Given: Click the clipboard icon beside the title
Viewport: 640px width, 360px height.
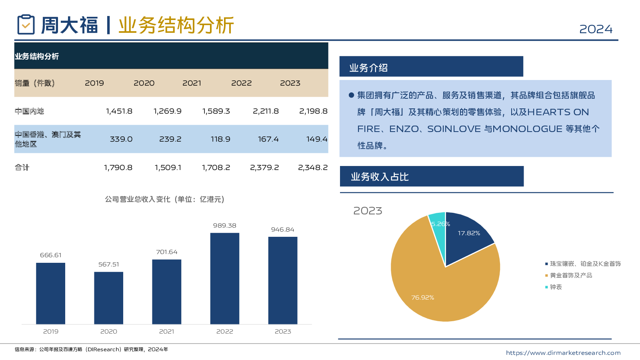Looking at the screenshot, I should [26, 24].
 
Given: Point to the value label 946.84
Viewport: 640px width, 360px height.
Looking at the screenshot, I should [282, 230].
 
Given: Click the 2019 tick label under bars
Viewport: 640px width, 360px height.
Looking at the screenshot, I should [51, 332].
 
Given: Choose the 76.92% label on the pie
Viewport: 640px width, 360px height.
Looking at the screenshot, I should [422, 298].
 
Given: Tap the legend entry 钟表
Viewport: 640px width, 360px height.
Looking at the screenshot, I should [556, 287].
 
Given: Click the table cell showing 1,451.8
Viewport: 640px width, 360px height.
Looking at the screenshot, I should [119, 111].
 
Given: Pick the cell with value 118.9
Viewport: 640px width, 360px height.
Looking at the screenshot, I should [220, 139].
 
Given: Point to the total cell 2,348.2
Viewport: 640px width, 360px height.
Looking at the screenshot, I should [312, 168].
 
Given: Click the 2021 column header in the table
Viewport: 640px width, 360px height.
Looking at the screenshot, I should [192, 83].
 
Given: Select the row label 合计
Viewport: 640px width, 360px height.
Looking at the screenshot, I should [22, 168].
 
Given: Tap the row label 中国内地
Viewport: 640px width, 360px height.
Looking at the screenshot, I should [29, 111].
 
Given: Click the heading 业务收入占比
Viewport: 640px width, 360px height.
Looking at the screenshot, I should [380, 177].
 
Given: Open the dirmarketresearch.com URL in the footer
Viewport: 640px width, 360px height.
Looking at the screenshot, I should [563, 353].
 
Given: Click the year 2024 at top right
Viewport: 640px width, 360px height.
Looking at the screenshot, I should [596, 29].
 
